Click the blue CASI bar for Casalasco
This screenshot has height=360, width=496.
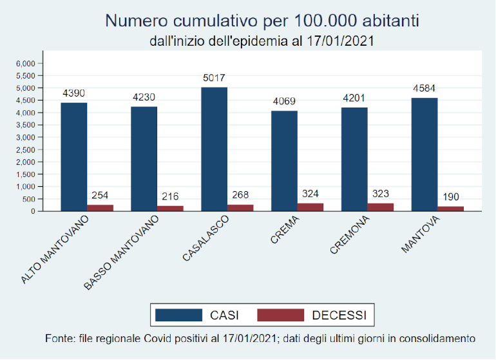[x=214, y=149]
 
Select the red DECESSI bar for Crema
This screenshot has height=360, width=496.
[x=310, y=207]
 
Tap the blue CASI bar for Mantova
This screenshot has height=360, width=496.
[x=424, y=154]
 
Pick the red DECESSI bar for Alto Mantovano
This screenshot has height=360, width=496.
[x=100, y=207]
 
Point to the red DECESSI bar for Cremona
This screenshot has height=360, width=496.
[x=381, y=207]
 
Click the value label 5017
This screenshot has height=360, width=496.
[x=214, y=79]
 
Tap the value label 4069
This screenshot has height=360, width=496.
[x=284, y=102]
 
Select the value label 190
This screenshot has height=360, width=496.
[x=451, y=197]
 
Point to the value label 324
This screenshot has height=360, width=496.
[x=310, y=193]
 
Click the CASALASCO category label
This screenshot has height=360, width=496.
[x=202, y=239]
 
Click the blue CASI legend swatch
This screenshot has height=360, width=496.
[x=178, y=315]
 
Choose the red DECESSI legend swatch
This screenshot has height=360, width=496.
[x=280, y=315]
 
